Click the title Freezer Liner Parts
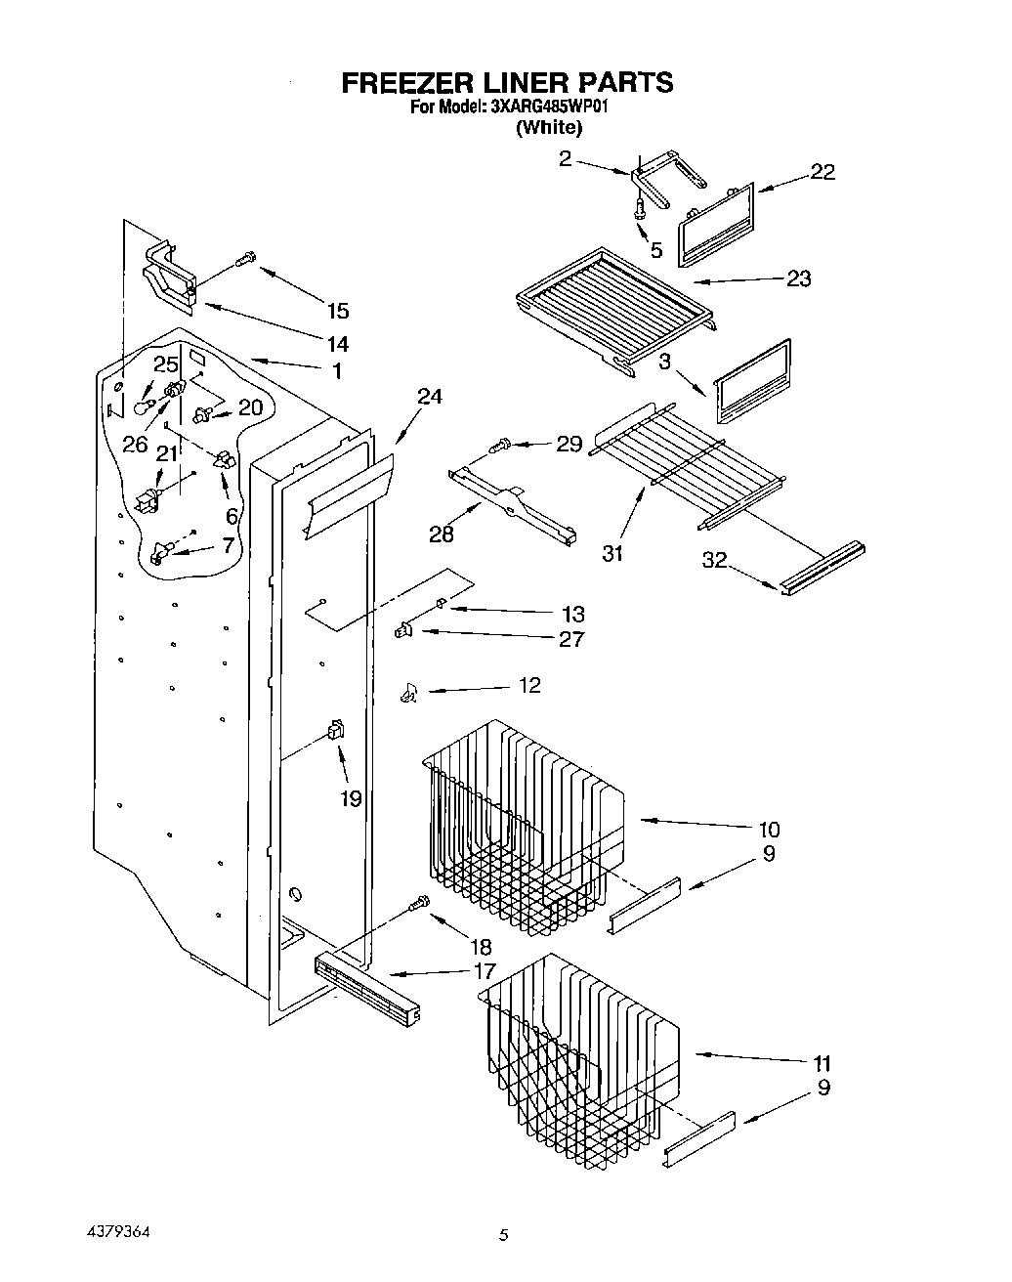pos(506,82)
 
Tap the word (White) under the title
pos(549,127)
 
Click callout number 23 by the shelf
pos(798,278)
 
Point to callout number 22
pos(822,172)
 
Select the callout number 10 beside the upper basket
pos(768,830)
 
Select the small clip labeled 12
pos(408,694)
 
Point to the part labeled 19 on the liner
pos(336,728)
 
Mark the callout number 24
pos(429,396)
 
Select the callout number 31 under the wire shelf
pos(612,553)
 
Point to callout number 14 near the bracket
pos(337,344)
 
